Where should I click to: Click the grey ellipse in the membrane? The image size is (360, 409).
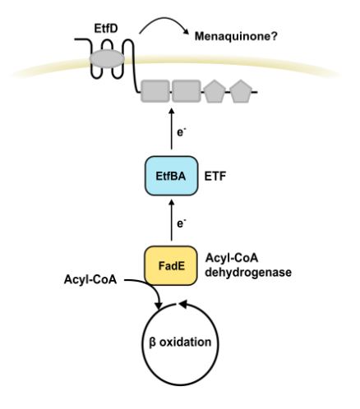pos(108,59)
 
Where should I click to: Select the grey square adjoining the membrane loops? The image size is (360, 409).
pos(155,91)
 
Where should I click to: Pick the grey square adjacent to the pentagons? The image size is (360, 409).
pos(186,91)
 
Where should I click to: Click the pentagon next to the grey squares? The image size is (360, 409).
pos(214,91)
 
